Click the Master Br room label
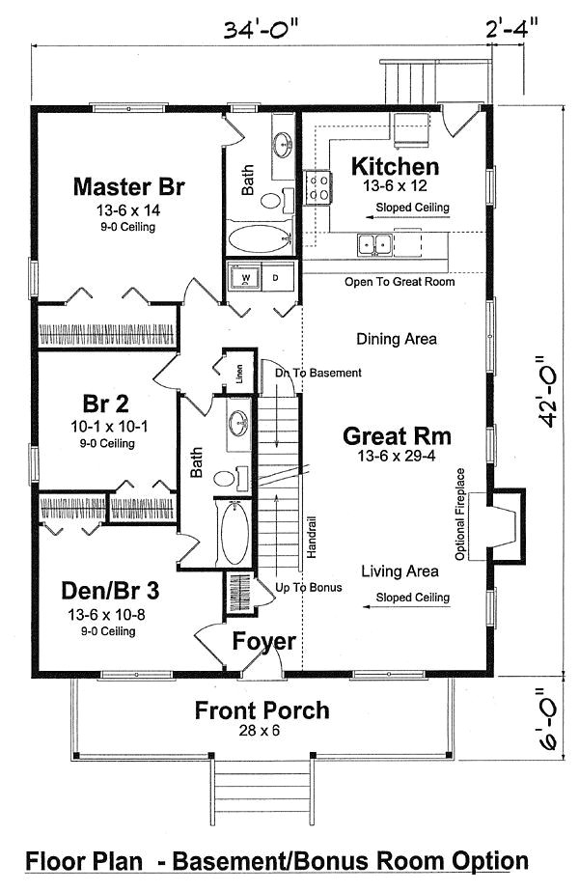[128, 185]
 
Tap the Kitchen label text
[395, 166]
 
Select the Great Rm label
[397, 436]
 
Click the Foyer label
[263, 641]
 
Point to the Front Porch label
[262, 711]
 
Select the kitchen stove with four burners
[317, 185]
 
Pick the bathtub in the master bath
[259, 238]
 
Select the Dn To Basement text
[317, 373]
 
